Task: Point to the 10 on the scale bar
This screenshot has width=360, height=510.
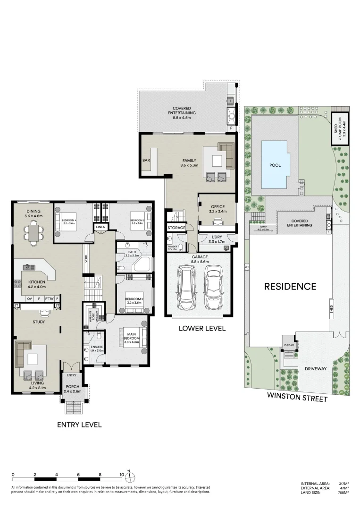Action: [122, 475]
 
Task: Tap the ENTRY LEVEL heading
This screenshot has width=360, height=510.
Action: [79, 425]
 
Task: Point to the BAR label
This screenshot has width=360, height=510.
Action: [146, 161]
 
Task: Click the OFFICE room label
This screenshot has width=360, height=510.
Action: [218, 206]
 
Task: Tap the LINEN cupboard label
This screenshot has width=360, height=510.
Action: [100, 228]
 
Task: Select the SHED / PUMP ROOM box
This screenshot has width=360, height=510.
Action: [340, 128]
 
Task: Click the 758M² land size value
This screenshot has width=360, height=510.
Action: [343, 493]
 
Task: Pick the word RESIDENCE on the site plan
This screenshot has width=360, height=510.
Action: [290, 286]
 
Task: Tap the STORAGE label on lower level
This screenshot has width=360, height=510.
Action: [176, 228]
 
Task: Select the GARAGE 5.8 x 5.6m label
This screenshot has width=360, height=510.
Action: [199, 259]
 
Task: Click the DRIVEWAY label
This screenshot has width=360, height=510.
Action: [314, 368]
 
